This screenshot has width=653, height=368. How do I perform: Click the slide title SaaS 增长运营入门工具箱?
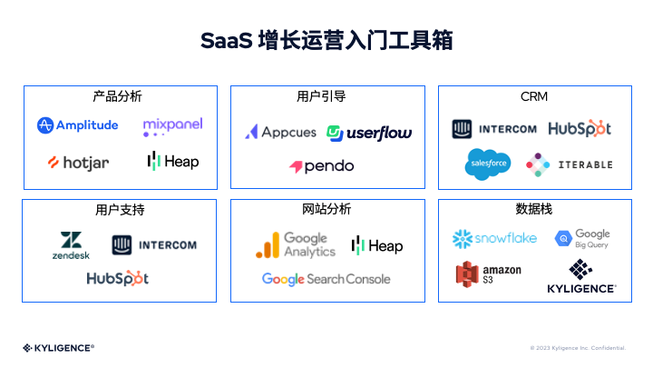(x=326, y=41)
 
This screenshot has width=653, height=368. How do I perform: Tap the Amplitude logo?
(x=78, y=125)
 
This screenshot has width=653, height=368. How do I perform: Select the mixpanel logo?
(x=172, y=127)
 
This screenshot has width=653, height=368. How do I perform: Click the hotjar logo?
(x=78, y=163)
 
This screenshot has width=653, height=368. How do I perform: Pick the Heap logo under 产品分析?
(x=172, y=161)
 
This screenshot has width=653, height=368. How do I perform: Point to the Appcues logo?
(x=280, y=132)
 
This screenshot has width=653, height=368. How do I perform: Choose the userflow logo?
(x=369, y=133)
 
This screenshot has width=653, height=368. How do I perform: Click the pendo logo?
(x=322, y=166)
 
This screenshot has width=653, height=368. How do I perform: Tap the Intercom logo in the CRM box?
(x=494, y=129)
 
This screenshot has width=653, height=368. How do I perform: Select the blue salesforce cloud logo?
(x=488, y=164)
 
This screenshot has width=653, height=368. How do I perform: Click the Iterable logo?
(x=569, y=164)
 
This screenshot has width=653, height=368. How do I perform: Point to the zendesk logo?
(x=71, y=245)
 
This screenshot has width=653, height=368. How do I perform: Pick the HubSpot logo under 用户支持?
(x=118, y=278)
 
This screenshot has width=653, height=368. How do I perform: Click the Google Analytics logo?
(x=296, y=244)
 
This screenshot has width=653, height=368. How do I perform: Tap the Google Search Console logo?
(x=326, y=279)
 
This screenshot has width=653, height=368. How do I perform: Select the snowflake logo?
(x=494, y=238)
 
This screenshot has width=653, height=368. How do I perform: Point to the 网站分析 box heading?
(x=326, y=209)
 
